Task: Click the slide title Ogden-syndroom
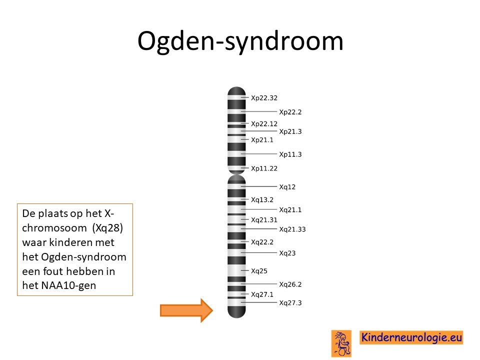coord(240,41)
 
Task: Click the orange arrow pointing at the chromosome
coord(186,310)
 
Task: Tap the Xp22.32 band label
coord(264,98)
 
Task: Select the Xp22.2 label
coord(290,112)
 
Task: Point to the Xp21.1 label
coord(262,140)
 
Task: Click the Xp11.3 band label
coord(290,154)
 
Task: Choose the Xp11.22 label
coord(264,168)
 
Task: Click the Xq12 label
coord(287,187)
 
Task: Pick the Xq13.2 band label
coord(262,200)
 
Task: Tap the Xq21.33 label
coord(292,229)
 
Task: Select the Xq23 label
coord(287,253)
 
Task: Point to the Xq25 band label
coord(259,271)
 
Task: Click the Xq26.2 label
coord(290,284)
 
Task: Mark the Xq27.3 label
coord(290,303)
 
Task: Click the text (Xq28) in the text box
coord(107,228)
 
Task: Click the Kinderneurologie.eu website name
coord(411,337)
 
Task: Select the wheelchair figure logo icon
coord(341,343)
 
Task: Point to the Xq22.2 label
coord(262,242)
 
